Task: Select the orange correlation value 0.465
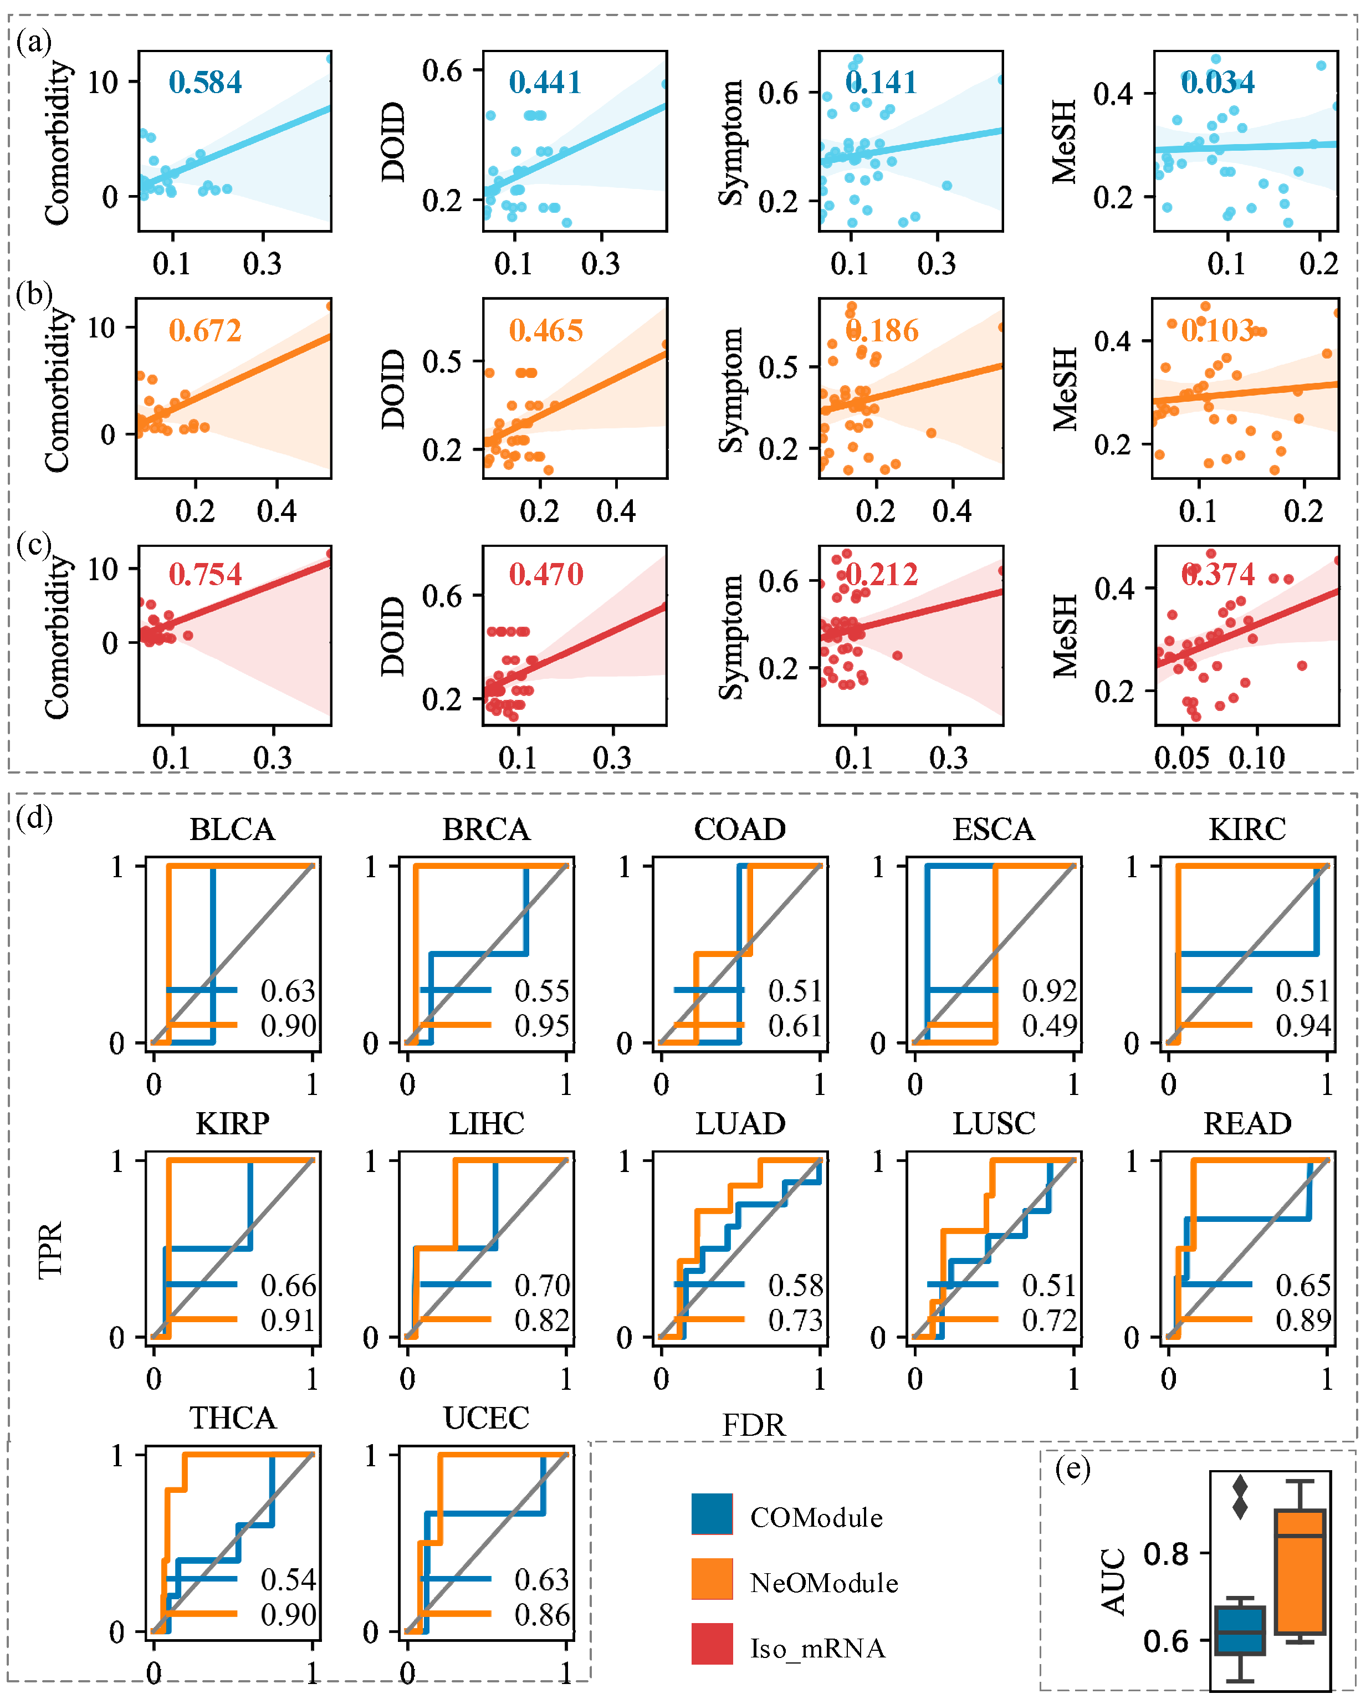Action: pyautogui.click(x=546, y=330)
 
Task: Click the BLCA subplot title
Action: pyautogui.click(x=232, y=830)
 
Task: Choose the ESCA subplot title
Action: pyautogui.click(x=994, y=830)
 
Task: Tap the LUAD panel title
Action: pyautogui.click(x=740, y=1123)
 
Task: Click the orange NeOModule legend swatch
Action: pyautogui.click(x=712, y=1579)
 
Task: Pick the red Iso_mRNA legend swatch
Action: pyautogui.click(x=712, y=1644)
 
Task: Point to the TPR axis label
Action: pyautogui.click(x=50, y=1249)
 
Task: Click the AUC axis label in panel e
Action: pyautogui.click(x=1113, y=1582)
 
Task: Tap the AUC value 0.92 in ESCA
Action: pyautogui.click(x=1049, y=991)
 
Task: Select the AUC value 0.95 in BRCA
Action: pyautogui.click(x=542, y=1026)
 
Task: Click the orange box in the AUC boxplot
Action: pyautogui.click(x=1300, y=1571)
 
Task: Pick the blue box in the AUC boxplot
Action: pyautogui.click(x=1240, y=1630)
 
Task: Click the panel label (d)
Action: pyautogui.click(x=34, y=817)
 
